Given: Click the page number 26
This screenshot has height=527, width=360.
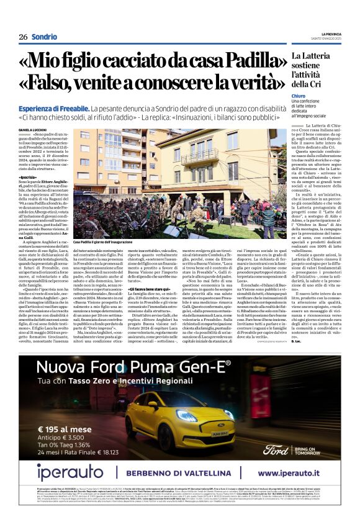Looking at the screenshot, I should click(22, 37).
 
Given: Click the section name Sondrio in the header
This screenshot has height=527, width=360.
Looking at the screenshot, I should click(45, 37).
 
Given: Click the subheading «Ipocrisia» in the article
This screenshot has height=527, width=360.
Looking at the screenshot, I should click(29, 178).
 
